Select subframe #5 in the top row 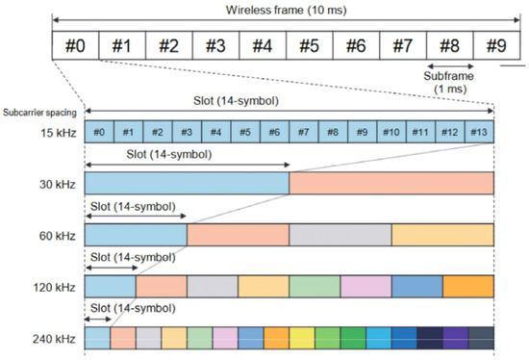point(307,44)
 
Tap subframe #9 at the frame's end point(494,44)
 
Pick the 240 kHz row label point(37,338)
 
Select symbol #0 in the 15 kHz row point(100,131)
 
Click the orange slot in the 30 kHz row point(391,183)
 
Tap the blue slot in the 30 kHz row point(188,183)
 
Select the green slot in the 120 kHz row point(315,286)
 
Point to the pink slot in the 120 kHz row point(365,286)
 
